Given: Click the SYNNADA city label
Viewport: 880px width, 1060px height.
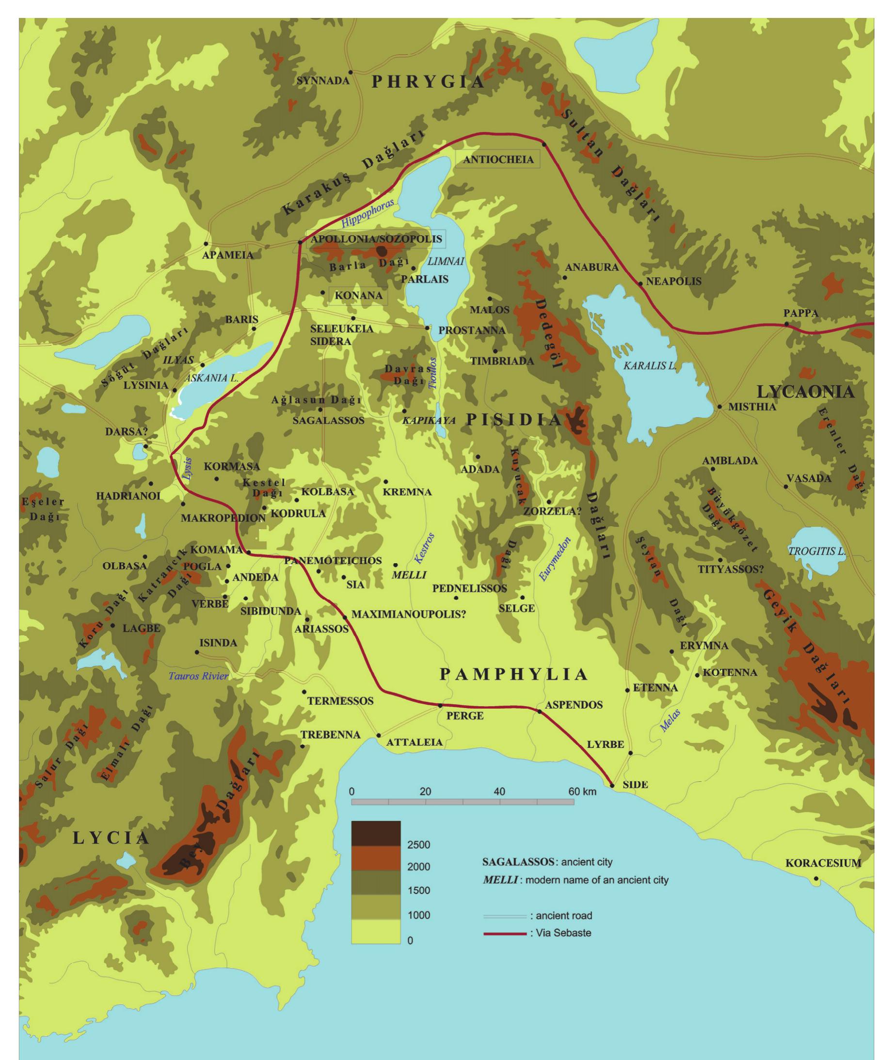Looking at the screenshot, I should click(322, 81).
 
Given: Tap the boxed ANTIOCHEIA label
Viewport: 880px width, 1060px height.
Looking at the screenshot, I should click(498, 159).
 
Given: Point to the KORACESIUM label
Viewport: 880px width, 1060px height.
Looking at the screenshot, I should click(823, 863).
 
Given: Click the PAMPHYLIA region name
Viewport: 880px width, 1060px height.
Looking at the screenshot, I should click(513, 674).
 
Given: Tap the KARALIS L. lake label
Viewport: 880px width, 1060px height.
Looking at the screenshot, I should click(649, 366).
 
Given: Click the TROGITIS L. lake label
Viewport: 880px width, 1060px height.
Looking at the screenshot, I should click(817, 552).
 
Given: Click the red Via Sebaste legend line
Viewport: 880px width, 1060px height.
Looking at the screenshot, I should click(504, 934).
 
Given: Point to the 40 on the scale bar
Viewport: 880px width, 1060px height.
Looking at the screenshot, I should click(499, 791).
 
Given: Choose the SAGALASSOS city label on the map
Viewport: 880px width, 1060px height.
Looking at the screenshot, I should click(328, 421).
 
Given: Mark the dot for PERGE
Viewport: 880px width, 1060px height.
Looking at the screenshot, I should click(440, 705).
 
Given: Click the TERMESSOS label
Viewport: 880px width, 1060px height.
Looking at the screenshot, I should click(340, 701).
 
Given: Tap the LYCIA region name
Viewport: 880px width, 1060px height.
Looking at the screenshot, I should click(111, 839).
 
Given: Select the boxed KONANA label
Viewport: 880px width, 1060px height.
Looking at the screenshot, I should click(358, 295).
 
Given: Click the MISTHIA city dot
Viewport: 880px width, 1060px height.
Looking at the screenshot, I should click(719, 406).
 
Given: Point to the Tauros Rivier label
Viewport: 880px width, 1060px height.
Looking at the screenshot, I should click(198, 676).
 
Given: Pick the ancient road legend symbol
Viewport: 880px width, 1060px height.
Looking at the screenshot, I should click(504, 916).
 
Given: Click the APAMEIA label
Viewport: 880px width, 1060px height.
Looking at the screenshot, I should click(228, 255).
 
